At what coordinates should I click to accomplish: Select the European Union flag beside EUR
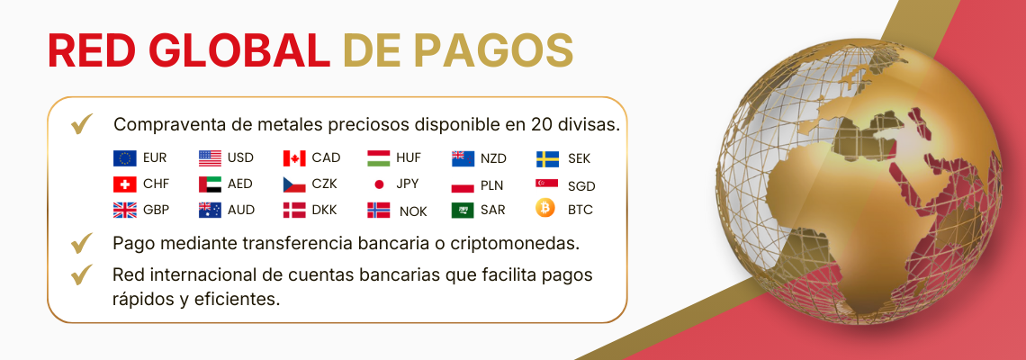point(124,158)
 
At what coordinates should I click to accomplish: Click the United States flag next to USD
point(210,158)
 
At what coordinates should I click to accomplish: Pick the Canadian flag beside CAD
point(294,158)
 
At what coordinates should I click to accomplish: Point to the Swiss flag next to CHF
point(124,184)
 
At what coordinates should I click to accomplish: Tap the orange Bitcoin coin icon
point(545,209)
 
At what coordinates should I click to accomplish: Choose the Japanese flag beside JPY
point(379,184)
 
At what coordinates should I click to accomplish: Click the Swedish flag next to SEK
point(547,158)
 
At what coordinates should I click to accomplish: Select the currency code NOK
point(413,211)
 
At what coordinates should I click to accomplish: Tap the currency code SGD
point(581,186)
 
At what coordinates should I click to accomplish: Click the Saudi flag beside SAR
point(463,210)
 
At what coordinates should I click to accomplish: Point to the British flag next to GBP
point(124,210)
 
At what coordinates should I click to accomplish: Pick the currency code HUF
point(408,158)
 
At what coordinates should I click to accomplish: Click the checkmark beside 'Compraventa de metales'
point(82,123)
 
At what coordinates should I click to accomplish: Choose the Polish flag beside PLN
point(463,184)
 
